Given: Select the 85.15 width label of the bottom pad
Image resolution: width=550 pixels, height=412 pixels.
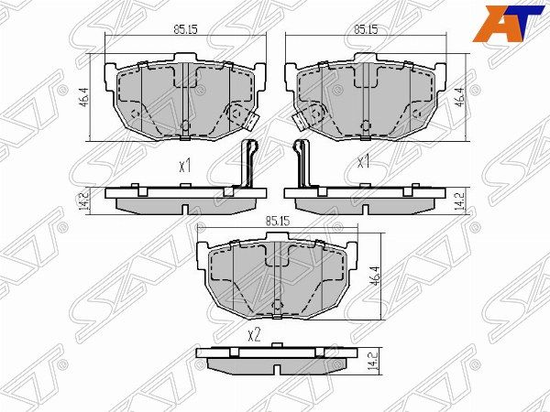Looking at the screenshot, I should (276, 221).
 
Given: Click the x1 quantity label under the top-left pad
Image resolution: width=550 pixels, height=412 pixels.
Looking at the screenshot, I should (184, 167).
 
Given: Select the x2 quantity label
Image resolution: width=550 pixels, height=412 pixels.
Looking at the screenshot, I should (254, 334).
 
